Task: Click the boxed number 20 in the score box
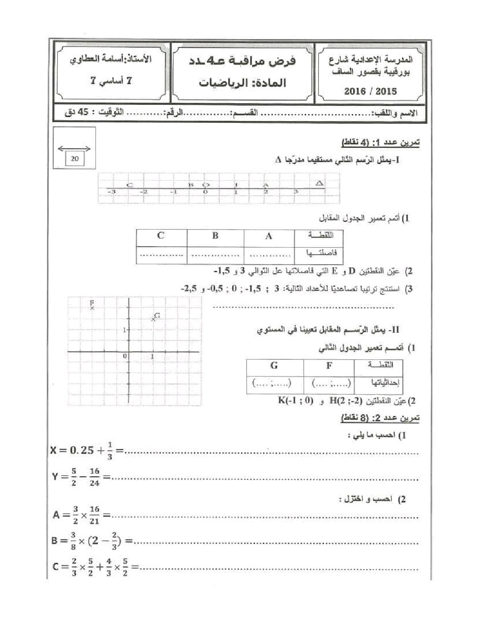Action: coord(74,158)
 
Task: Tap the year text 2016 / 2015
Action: coord(370,91)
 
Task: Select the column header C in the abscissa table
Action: coord(161,236)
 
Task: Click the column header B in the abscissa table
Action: coord(215,236)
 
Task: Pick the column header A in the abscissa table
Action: coord(268,236)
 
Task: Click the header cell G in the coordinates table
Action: coord(274,365)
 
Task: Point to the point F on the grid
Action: coord(92,308)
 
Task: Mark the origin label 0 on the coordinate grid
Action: coord(125,356)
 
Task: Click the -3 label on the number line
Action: coord(112,192)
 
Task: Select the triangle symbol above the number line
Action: coord(320,183)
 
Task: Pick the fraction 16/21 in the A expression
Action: coord(94,515)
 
